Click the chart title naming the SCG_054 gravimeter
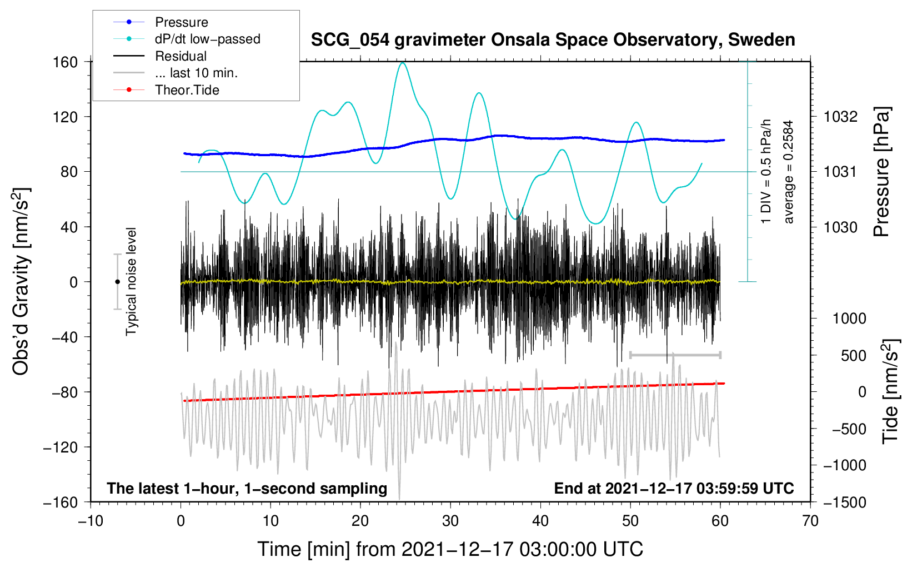(553, 40)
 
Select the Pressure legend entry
(181, 22)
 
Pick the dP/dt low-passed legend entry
(207, 39)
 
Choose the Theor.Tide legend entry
(187, 90)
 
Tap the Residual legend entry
(181, 56)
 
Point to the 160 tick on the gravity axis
(66, 62)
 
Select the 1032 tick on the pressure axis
(840, 117)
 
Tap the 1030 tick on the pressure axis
(840, 227)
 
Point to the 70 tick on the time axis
(810, 521)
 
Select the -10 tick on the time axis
(91, 521)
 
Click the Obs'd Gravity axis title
(21, 281)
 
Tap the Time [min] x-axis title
(450, 549)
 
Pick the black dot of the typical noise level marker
(117, 282)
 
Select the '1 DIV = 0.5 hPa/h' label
(766, 171)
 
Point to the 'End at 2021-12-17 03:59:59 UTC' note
(674, 489)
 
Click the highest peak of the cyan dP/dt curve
(403, 63)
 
